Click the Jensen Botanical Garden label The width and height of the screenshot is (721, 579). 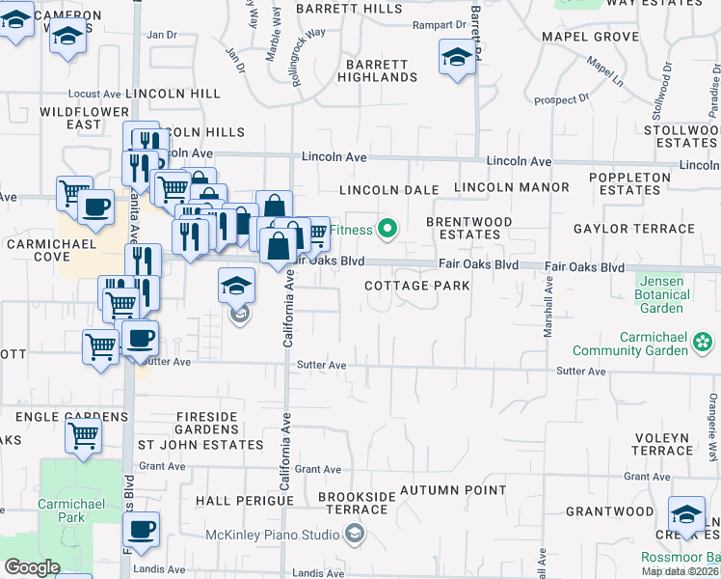660,294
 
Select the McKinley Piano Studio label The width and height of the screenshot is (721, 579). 274,535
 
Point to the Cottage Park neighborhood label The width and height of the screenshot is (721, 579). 417,286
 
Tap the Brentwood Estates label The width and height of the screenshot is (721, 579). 469,229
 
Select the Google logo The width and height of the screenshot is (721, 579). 32,567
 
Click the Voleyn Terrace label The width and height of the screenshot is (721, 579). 663,444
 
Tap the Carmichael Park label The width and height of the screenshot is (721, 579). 61,510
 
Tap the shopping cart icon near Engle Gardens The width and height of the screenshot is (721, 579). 83,436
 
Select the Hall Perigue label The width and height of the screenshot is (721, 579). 235,502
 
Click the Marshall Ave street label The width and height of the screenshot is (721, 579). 547,309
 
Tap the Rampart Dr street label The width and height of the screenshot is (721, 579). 438,25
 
